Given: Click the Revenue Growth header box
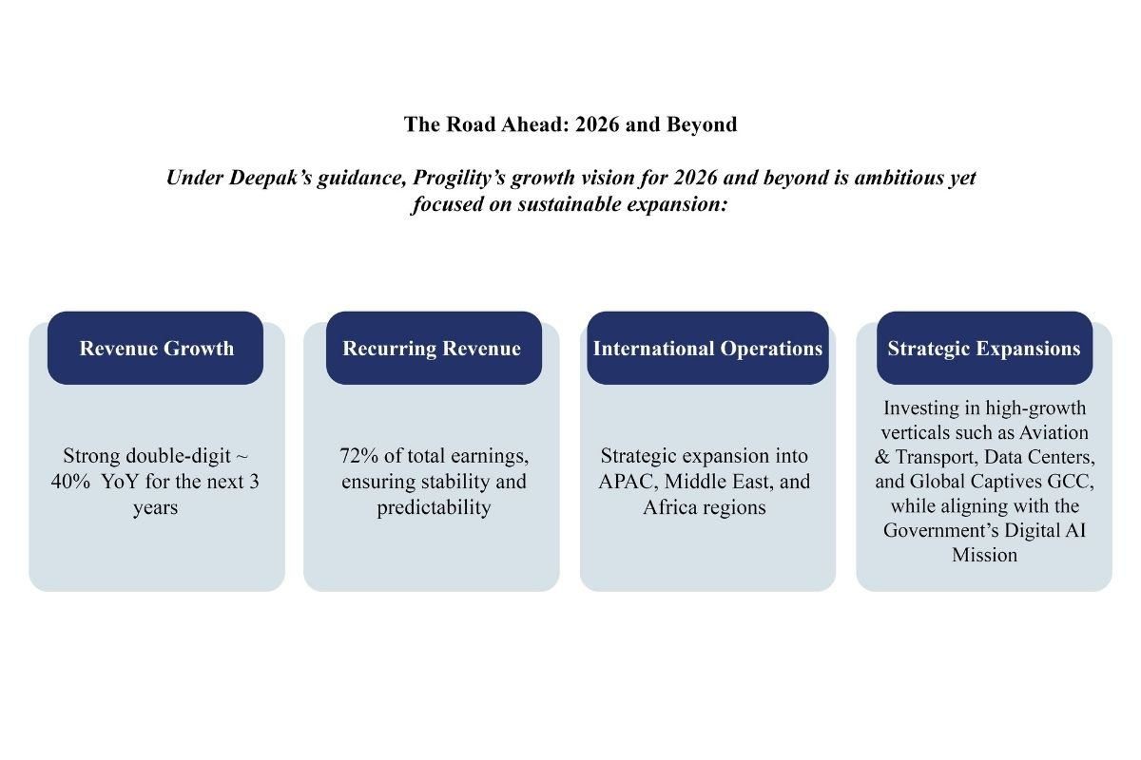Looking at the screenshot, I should [x=156, y=348].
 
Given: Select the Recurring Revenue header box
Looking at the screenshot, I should [x=433, y=348].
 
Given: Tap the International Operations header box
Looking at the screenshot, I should [x=707, y=348].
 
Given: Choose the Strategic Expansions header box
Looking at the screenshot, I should [x=984, y=348].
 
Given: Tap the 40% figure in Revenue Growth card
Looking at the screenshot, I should [x=72, y=482].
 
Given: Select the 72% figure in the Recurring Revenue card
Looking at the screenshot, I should [x=358, y=456].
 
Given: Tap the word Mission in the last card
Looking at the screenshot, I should [x=984, y=555].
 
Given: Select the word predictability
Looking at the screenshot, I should [x=434, y=507].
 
